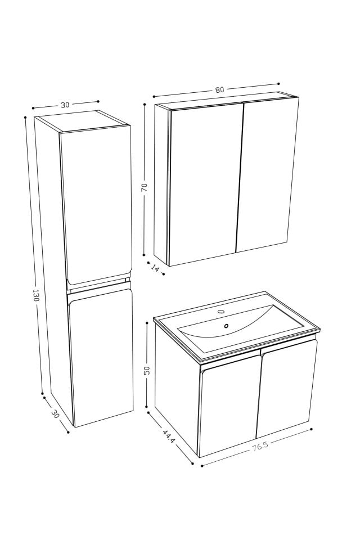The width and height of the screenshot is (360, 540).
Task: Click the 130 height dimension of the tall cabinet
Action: pos(35,295)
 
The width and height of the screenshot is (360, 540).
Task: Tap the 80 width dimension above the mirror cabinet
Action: pos(219,90)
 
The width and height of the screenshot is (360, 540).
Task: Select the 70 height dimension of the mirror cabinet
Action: pos(144,188)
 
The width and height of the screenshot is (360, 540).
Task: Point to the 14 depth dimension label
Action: pos(156,269)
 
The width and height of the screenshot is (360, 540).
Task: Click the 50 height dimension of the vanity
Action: pos(147,370)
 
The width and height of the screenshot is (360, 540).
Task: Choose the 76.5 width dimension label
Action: pos(260,448)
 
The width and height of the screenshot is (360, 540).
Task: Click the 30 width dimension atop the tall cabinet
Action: pos(65,105)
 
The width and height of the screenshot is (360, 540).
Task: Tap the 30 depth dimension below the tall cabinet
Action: pos(55,414)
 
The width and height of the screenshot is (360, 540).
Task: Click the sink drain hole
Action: pos(226,326)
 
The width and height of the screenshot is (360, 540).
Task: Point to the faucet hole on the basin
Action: pos(221,311)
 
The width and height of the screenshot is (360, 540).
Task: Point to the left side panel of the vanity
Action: pos(175,388)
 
